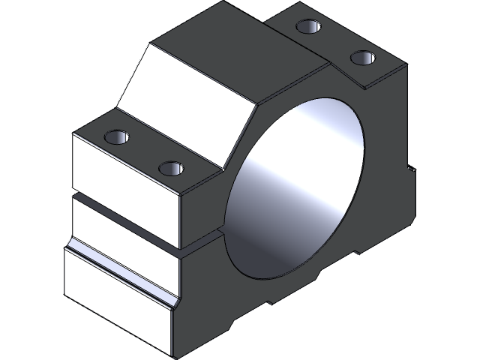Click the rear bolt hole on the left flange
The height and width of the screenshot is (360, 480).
[x=118, y=137]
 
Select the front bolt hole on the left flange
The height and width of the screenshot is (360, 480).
[x=172, y=167]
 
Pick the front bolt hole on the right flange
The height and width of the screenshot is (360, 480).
[x=363, y=58]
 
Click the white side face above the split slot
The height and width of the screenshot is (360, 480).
[x=124, y=169]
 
